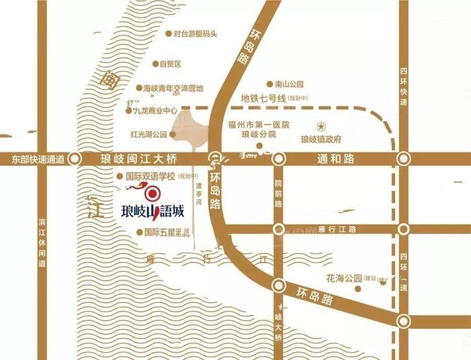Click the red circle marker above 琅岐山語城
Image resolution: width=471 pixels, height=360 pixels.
tap(153, 195)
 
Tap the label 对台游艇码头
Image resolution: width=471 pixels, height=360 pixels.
tap(195, 34)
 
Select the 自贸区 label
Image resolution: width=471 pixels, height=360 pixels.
tap(170, 64)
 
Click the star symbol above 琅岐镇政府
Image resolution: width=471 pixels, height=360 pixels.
tap(320, 126)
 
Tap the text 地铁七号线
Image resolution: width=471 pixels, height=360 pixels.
tap(262, 98)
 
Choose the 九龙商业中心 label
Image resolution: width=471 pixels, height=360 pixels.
tap(155, 110)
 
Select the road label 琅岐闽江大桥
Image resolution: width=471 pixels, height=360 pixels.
tap(140, 159)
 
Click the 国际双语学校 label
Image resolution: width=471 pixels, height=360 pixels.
tap(150, 177)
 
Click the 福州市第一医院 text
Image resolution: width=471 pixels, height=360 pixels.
tap(259, 125)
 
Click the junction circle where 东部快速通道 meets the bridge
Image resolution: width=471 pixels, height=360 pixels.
tap(76, 159)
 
